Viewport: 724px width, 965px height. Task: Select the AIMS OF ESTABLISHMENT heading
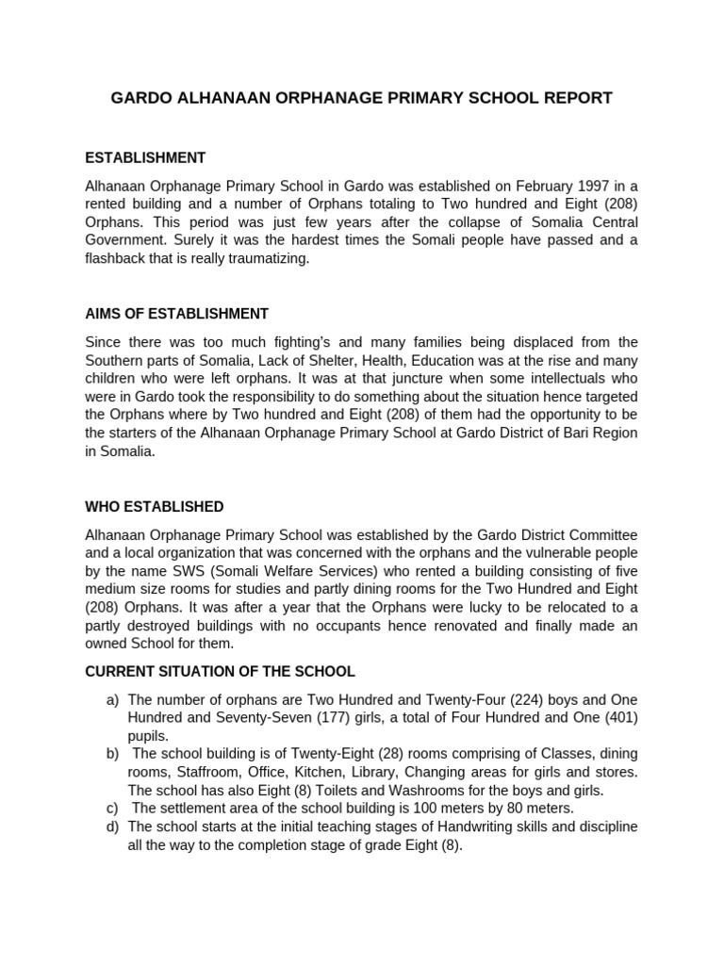click(x=176, y=314)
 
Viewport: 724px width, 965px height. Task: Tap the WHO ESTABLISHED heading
click(x=154, y=507)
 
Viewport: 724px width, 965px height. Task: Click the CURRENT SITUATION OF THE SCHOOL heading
click(x=220, y=672)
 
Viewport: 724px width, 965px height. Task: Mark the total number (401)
click(x=619, y=718)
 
